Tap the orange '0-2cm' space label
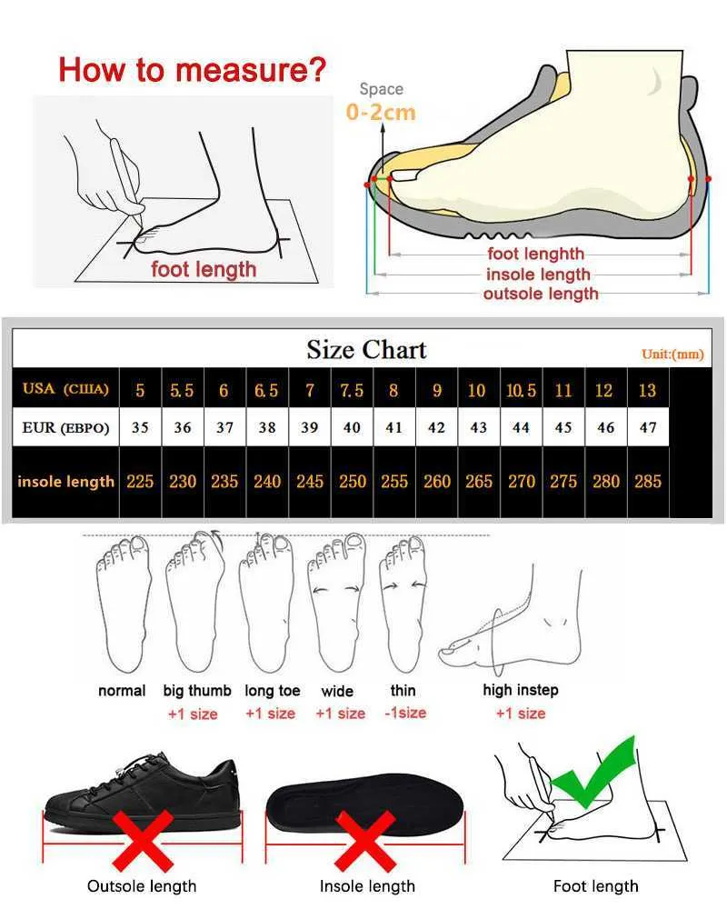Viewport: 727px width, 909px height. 381,112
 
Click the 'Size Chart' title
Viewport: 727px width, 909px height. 366,349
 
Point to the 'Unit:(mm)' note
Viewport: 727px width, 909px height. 673,354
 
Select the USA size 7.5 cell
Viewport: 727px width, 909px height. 352,390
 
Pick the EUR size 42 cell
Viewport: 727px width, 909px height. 436,427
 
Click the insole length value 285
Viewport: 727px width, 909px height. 648,481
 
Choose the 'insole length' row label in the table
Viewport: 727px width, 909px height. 65,481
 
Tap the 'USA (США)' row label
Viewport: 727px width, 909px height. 65,390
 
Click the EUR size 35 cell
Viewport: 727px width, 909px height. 140,427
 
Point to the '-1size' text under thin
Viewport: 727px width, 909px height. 405,713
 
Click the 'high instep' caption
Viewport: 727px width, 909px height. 521,690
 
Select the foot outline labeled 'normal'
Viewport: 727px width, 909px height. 122,604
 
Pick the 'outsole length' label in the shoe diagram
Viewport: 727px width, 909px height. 541,294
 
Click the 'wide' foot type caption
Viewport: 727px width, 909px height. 337,691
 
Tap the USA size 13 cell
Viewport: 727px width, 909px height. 648,390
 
